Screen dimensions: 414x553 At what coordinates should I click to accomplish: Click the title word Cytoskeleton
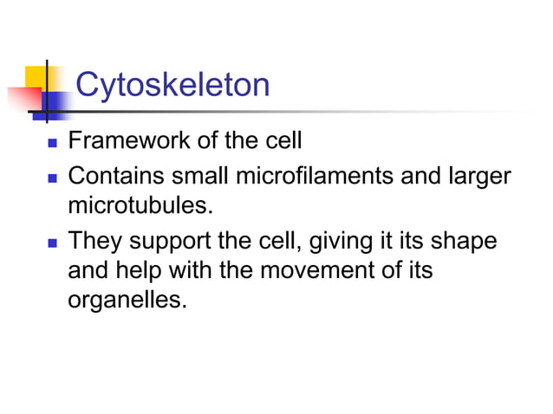point(172,85)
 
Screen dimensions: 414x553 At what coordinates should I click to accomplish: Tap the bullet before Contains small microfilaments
point(49,177)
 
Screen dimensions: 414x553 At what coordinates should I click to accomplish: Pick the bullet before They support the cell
point(49,240)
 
